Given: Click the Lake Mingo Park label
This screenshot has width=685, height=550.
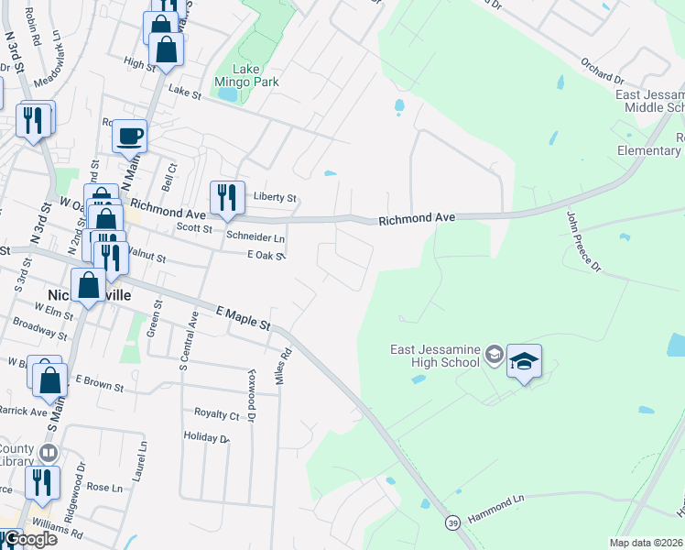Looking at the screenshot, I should (x=246, y=75).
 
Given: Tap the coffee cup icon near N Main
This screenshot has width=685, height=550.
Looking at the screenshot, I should (x=129, y=135).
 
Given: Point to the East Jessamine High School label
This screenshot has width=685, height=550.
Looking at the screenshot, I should (x=435, y=356).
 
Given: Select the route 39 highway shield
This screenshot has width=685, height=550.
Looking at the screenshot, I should (x=452, y=522).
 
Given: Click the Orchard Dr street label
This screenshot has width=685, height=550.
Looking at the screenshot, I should (x=602, y=70).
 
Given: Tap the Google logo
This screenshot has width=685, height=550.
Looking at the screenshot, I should (x=29, y=539).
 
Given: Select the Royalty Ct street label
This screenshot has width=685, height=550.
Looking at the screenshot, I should (x=216, y=414).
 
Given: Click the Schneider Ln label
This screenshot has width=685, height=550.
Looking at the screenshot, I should (x=256, y=236).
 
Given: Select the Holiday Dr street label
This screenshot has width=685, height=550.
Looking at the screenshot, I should (x=206, y=437).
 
